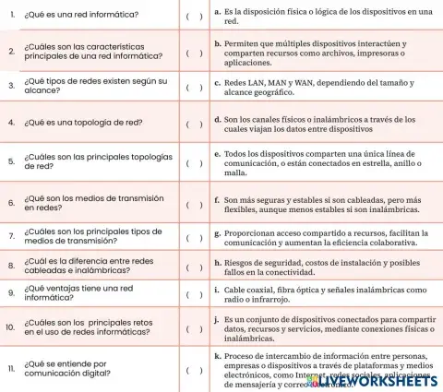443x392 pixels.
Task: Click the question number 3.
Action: pos(10,87)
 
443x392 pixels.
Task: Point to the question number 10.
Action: pos(10,327)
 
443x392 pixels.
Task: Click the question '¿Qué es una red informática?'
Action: pos(81,16)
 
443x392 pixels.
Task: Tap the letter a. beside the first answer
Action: pos(217,11)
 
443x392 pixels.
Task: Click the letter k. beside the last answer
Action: pos(217,356)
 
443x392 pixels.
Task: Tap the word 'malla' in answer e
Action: pos(235,172)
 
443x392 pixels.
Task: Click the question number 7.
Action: pos(10,235)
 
